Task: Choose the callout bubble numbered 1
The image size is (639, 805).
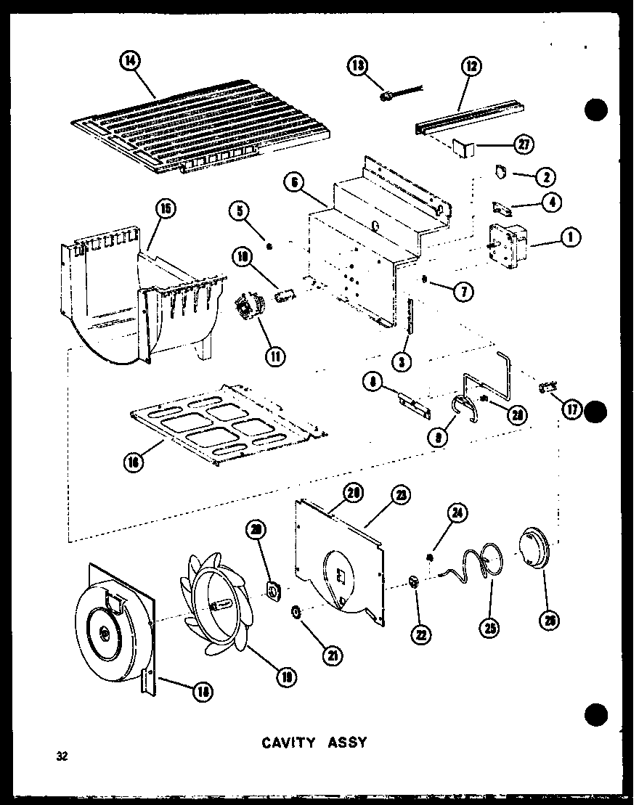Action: coord(571,237)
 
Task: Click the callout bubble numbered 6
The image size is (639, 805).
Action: coord(293,184)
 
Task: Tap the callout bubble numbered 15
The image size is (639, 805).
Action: coord(166,211)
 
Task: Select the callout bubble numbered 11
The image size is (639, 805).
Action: coord(276,356)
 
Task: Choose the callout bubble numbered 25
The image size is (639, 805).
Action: coord(491,629)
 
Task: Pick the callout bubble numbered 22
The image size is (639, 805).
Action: coord(421,633)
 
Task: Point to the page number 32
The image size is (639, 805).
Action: coord(62,757)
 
